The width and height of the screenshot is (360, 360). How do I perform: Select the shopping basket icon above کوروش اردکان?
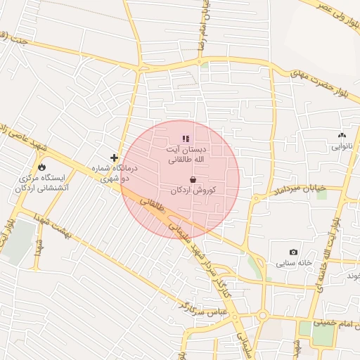(x=193, y=180)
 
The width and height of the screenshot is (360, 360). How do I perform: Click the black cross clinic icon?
(x=115, y=157)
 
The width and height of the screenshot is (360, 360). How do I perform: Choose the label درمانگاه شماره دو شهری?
(x=116, y=174)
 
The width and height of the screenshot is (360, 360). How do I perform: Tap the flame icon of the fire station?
(x=42, y=167)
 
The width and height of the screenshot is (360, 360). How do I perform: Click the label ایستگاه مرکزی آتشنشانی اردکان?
(x=41, y=184)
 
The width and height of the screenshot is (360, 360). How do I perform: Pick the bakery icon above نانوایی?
(x=342, y=136)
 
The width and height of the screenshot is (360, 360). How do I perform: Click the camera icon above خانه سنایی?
(x=293, y=252)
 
